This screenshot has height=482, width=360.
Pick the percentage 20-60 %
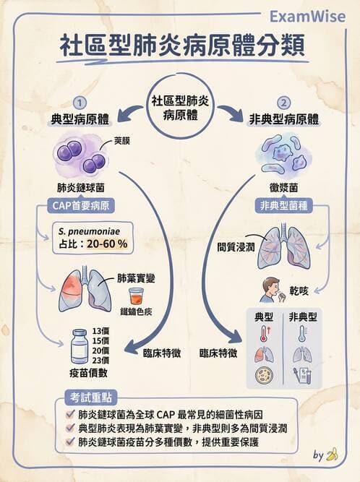(x=108, y=244)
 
